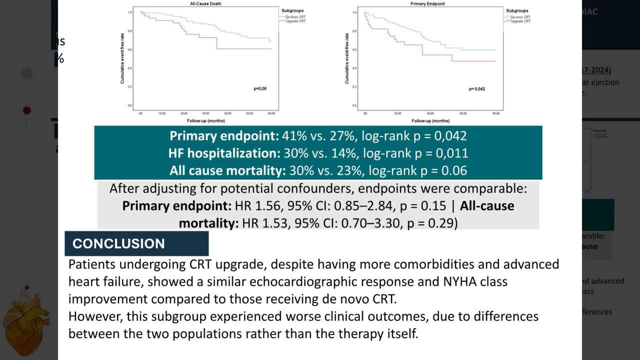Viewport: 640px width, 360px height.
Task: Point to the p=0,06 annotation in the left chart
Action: [x=260, y=88]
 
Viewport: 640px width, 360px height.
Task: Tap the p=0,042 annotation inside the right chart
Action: [x=476, y=89]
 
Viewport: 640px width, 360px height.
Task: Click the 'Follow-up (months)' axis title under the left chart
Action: [x=206, y=121]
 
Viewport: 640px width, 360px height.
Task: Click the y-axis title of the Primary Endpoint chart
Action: [x=346, y=58]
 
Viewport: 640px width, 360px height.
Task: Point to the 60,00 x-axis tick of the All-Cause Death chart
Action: [x=271, y=114]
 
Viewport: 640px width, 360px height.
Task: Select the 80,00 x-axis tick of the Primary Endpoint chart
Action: [x=496, y=114]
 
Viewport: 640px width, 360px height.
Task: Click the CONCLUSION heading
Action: [x=118, y=243]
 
